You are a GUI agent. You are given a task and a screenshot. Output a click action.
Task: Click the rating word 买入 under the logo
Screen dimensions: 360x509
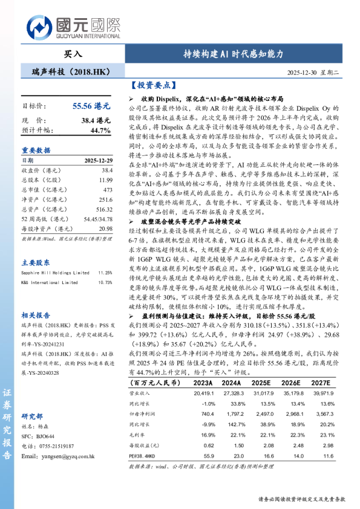[74, 53]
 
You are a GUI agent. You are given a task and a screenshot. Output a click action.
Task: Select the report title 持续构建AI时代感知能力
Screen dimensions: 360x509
[234, 54]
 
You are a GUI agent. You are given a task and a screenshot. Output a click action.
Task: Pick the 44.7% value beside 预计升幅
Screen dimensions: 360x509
[100, 130]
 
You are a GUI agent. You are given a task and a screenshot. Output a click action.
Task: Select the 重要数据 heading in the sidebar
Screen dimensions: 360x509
[36, 151]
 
